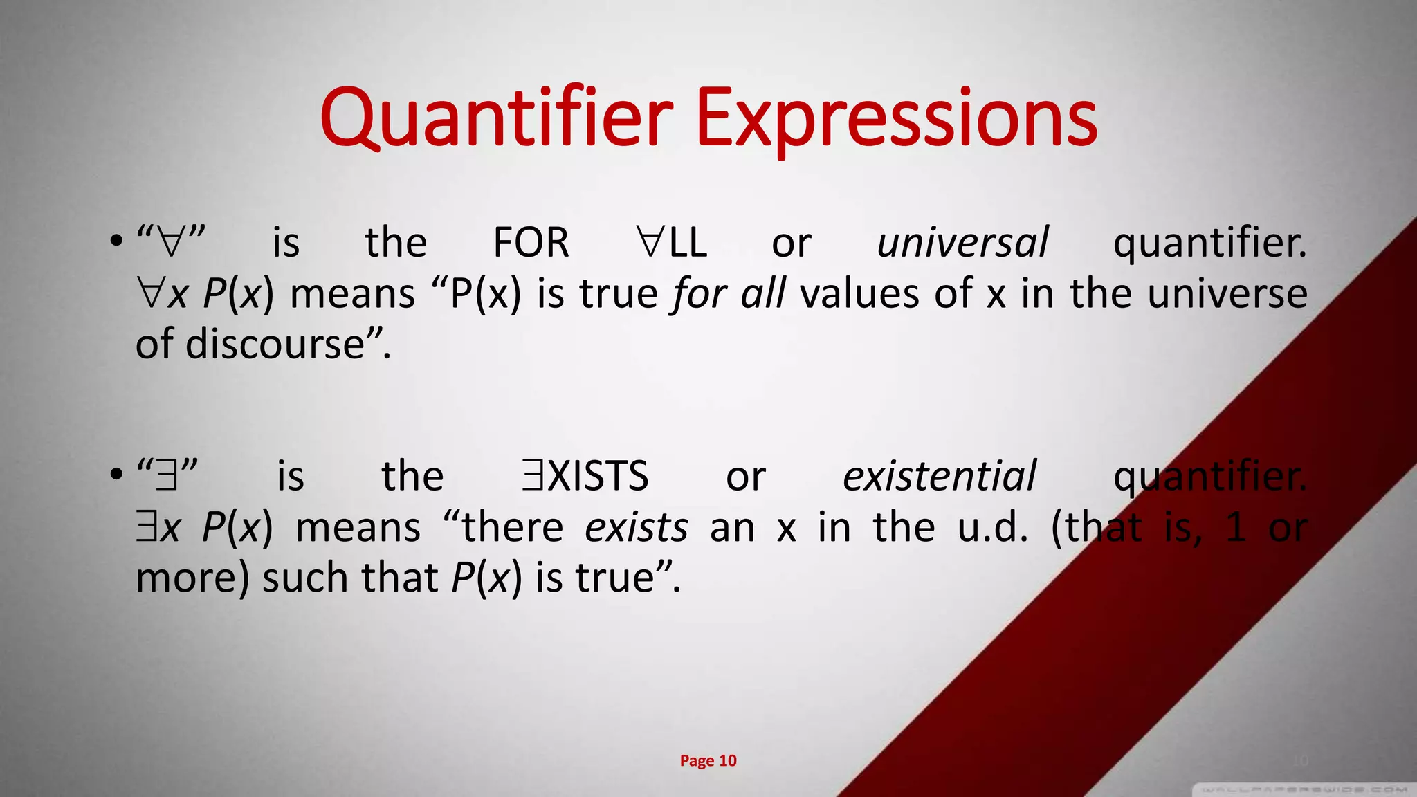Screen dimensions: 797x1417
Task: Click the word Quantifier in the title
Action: pos(496,118)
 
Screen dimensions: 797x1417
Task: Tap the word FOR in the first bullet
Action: pos(531,242)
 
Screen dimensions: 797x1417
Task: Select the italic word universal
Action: pos(962,242)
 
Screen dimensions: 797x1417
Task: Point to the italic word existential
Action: pos(939,476)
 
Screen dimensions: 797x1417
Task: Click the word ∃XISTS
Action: pos(585,476)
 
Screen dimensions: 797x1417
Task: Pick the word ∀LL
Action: pos(671,242)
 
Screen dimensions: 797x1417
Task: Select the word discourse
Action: pos(275,344)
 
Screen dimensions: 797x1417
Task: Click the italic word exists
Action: pos(637,527)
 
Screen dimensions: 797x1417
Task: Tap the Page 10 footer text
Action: pos(708,760)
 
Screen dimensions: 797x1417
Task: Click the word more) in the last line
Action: pos(192,578)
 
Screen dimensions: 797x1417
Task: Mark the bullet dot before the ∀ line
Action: pos(116,242)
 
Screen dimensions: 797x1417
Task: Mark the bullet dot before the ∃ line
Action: pos(116,476)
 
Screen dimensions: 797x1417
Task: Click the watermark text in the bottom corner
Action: pos(1304,789)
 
